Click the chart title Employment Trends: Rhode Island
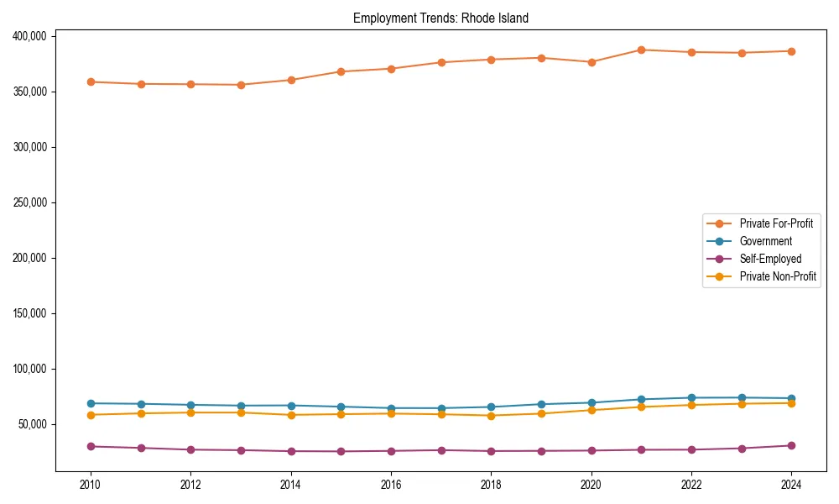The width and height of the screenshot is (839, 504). [440, 18]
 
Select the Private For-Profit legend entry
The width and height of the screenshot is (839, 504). [776, 223]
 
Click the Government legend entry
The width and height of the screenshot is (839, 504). [765, 241]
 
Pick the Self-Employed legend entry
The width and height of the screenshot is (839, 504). [770, 259]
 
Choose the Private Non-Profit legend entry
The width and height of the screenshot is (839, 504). [778, 276]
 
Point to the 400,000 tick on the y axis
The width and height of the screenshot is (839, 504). [30, 36]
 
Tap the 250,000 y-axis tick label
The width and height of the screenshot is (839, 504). [30, 202]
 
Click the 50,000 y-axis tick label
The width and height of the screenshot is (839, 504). [33, 424]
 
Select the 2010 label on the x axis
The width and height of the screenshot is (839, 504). [91, 485]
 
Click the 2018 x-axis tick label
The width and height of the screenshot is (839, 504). [491, 485]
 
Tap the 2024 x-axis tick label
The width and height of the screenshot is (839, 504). [791, 485]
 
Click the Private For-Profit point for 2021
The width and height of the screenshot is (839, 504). [641, 50]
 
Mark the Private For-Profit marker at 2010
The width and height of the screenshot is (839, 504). [91, 82]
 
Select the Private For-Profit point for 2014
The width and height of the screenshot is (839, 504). [291, 80]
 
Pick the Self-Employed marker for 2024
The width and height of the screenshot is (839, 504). [791, 445]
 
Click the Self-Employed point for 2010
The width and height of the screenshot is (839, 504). [91, 446]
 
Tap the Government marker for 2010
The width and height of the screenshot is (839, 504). [91, 403]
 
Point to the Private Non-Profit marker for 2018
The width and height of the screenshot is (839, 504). [491, 415]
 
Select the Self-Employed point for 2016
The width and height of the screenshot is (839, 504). [391, 451]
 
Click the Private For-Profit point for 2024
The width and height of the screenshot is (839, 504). [791, 51]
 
